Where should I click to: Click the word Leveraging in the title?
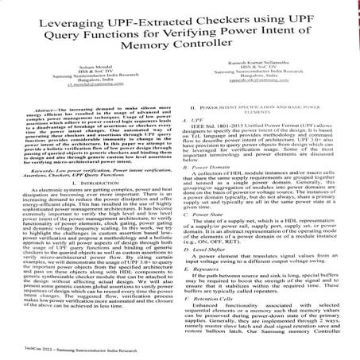[x=68, y=14]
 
